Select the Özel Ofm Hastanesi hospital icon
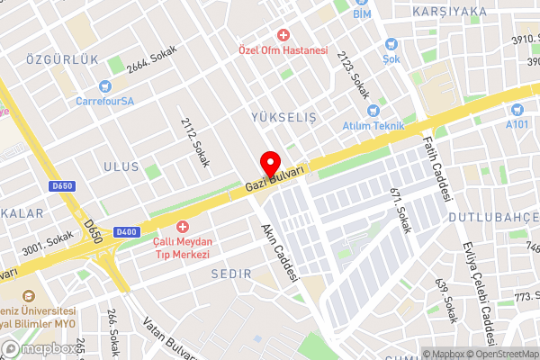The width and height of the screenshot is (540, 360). tap(283, 35)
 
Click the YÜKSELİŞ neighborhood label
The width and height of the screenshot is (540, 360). tap(282, 117)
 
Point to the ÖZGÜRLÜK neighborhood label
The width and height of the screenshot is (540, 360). tap(62, 59)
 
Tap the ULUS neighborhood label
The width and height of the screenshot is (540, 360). tap(121, 167)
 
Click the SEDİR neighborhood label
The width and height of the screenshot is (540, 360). tap(229, 272)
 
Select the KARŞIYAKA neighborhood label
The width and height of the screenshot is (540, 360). tap(449, 12)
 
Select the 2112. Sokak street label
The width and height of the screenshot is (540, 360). tap(193, 142)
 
